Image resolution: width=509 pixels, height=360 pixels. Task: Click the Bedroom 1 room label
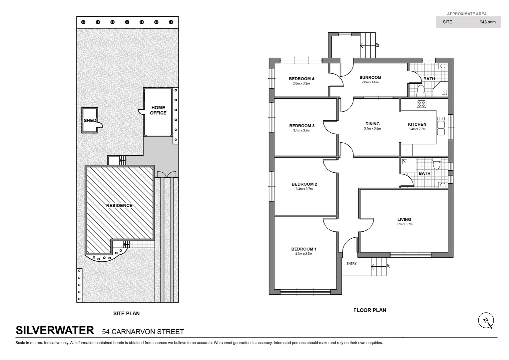tap(304, 249)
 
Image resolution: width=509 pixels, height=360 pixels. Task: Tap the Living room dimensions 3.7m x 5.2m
tap(404, 224)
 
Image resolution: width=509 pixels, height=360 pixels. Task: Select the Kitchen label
tap(417, 124)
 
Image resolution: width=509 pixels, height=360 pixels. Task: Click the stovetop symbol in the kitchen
tap(421, 104)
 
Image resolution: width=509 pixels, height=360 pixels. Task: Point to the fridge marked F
tap(406, 150)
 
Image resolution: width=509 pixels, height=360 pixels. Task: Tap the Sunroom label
tap(370, 78)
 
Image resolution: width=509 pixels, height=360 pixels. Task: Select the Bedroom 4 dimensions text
tap(301, 84)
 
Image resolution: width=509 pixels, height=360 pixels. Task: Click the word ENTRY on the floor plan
tap(351, 264)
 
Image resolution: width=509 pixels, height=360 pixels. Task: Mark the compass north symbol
tap(486, 321)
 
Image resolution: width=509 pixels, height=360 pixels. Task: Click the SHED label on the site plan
tap(90, 121)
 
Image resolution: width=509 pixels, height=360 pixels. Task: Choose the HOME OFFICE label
tap(158, 110)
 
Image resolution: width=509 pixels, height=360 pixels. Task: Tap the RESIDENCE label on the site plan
tap(119, 206)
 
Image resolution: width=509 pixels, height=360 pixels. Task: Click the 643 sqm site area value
tap(487, 22)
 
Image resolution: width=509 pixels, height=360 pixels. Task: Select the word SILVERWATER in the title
tap(55, 330)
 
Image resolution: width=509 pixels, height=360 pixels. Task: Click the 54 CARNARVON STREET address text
tap(143, 332)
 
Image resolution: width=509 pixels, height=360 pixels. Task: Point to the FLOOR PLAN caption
tap(369, 310)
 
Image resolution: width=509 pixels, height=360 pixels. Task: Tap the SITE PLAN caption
tap(126, 314)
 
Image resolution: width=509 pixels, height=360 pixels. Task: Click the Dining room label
tap(372, 124)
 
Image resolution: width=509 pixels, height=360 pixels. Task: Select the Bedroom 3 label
tap(302, 126)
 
